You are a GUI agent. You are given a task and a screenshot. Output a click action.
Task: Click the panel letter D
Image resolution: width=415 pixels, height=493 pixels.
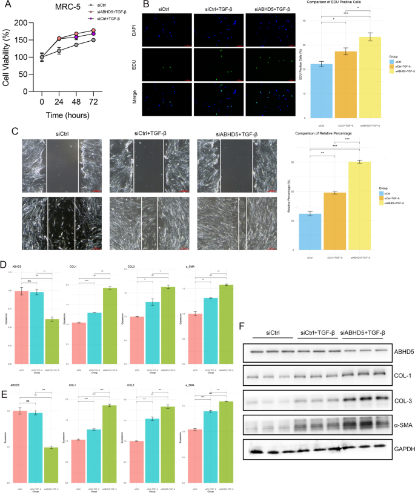5,265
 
